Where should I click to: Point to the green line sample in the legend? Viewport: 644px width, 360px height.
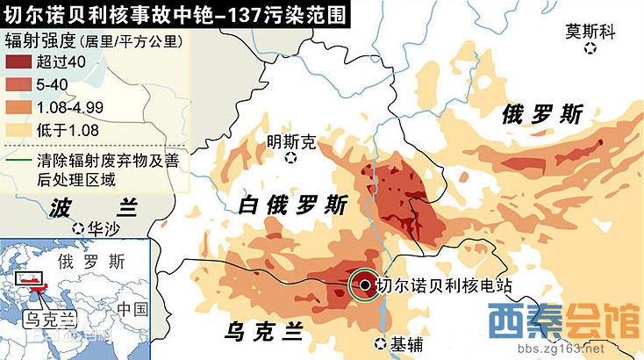coord(17,163)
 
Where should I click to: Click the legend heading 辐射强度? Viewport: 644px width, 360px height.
coord(39,40)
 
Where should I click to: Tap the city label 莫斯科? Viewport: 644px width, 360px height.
coord(590,31)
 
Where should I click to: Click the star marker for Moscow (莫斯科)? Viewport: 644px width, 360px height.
coord(590,49)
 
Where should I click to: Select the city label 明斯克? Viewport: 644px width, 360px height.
coord(291,141)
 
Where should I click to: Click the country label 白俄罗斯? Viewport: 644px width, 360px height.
coord(293,205)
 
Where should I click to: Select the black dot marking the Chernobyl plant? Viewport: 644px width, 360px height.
coord(364,284)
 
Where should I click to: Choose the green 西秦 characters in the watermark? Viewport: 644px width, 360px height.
coord(523,321)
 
